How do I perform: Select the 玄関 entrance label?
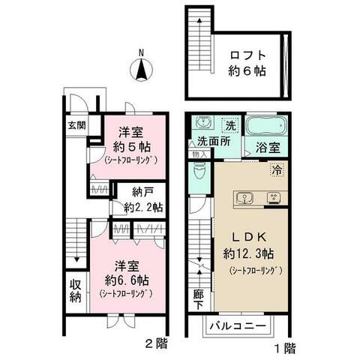(73, 125)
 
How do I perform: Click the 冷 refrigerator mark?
(277, 171)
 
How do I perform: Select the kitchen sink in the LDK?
(243, 199)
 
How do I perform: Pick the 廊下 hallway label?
(199, 301)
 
